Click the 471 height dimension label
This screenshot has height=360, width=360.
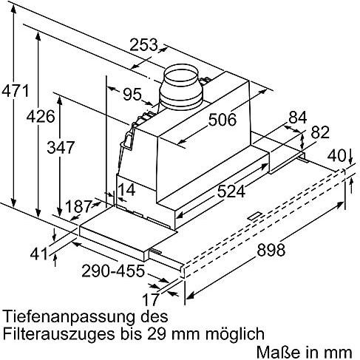pyautogui.click(x=16, y=91)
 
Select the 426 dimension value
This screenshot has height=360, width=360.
pyautogui.click(x=41, y=116)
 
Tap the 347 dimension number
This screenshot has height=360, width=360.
pyautogui.click(x=61, y=147)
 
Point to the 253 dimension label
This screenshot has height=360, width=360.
pyautogui.click(x=143, y=44)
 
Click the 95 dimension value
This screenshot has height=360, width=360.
pyautogui.click(x=132, y=94)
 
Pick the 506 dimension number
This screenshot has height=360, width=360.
pyautogui.click(x=223, y=120)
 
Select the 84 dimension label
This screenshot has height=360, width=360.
pyautogui.click(x=298, y=118)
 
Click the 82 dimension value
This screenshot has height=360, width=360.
pyautogui.click(x=320, y=132)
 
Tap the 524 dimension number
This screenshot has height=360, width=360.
pyautogui.click(x=231, y=191)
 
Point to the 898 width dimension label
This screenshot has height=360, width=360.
pyautogui.click(x=271, y=249)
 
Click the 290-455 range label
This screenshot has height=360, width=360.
pyautogui.click(x=113, y=271)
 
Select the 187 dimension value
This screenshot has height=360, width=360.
pyautogui.click(x=78, y=206)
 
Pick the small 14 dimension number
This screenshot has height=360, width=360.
pyautogui.click(x=127, y=190)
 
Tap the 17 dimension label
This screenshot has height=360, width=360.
pyautogui.click(x=151, y=299)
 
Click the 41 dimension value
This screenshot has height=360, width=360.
pyautogui.click(x=38, y=254)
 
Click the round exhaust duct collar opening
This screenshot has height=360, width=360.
pyautogui.click(x=182, y=74)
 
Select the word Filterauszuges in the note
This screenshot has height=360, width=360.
pyautogui.click(x=59, y=334)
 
